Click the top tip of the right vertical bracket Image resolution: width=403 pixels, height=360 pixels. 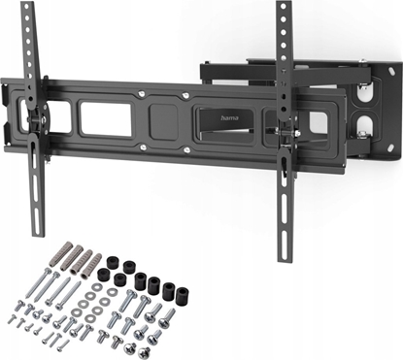[283, 6]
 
